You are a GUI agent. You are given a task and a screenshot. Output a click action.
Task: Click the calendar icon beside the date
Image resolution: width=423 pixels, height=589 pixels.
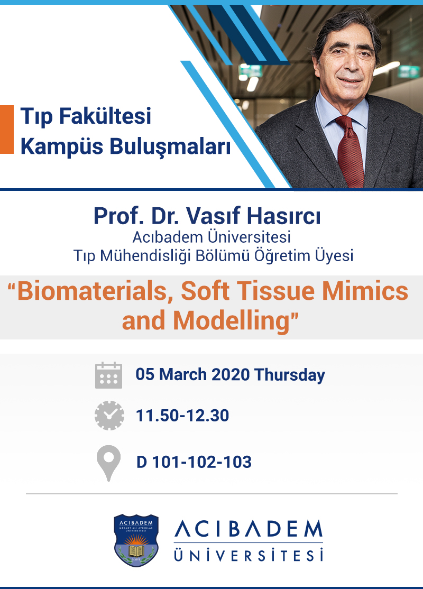[108, 375]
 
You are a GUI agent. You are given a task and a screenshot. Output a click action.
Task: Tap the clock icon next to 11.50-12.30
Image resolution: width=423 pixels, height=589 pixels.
[109, 416]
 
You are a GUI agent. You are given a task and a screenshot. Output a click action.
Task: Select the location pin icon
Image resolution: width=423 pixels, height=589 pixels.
[108, 463]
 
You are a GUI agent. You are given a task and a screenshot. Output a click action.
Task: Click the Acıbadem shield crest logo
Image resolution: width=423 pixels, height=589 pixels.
[136, 540]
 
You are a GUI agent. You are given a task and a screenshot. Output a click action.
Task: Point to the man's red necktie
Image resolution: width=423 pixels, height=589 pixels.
[350, 152]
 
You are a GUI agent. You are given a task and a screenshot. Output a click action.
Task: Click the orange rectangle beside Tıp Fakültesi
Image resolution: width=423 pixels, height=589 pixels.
[7, 129]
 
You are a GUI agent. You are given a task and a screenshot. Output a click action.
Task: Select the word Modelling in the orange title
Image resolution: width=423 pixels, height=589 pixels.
[232, 321]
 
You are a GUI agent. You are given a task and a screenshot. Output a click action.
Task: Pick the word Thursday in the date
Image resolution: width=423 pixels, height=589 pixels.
[290, 375]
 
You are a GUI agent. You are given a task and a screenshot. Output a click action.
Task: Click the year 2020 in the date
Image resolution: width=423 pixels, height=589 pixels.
[231, 374]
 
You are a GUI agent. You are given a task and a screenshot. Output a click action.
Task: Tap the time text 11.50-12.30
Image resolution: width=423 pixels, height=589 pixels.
[182, 416]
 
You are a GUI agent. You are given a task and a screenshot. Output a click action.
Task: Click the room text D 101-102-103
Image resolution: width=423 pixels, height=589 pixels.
[194, 462]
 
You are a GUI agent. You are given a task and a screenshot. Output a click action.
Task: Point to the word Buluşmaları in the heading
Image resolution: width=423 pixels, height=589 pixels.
[170, 146]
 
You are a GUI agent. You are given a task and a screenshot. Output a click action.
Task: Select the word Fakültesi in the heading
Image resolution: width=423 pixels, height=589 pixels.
[105, 116]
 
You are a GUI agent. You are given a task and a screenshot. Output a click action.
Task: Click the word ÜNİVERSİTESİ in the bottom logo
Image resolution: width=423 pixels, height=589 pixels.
[249, 555]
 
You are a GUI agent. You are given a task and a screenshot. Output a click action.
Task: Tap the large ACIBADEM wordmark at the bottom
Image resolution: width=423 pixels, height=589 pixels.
[249, 529]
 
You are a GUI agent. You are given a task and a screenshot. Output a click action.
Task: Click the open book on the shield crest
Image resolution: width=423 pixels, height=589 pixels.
[136, 551]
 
